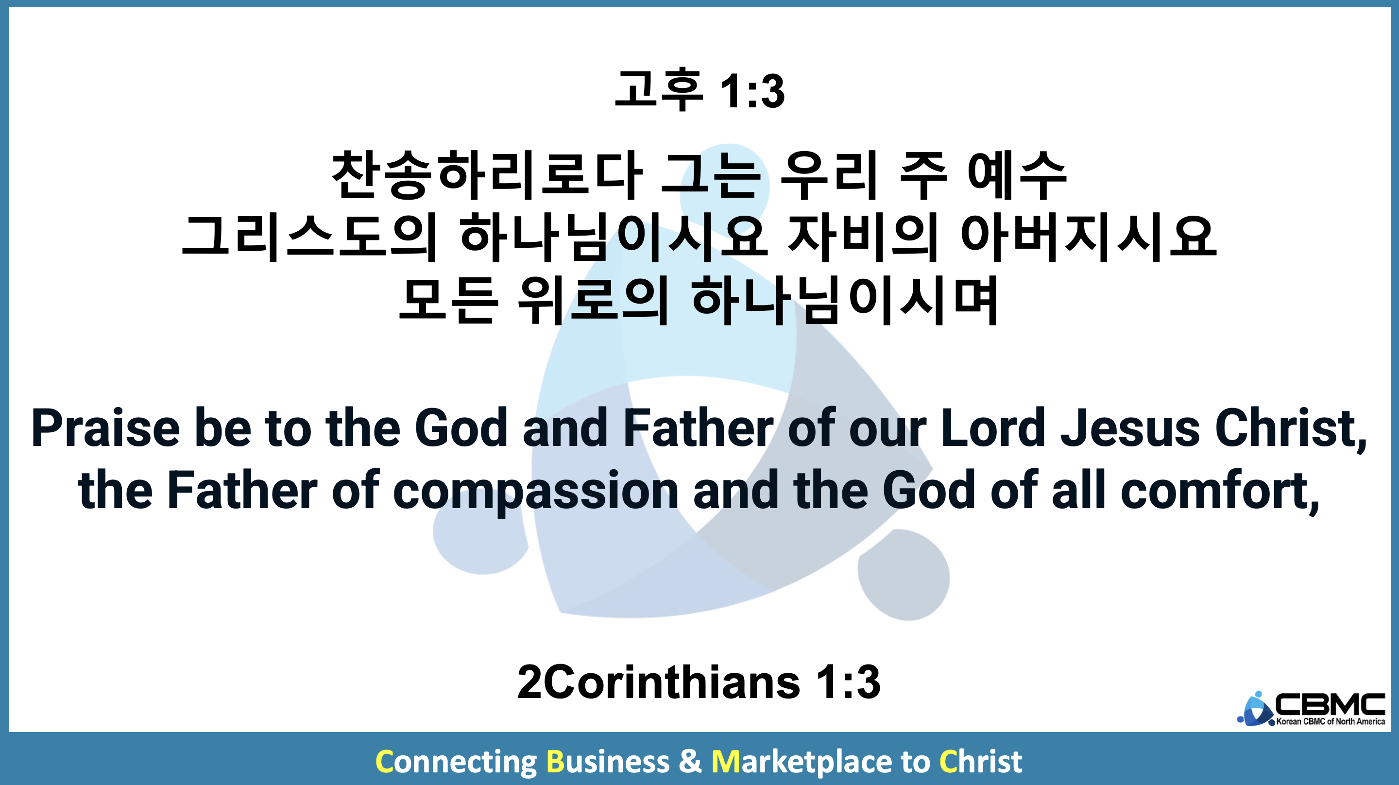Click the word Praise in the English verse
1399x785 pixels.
point(105,428)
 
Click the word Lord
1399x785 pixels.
point(993,428)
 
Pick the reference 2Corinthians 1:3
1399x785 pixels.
point(699,683)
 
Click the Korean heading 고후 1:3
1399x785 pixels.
point(699,90)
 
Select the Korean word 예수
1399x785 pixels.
point(1017,175)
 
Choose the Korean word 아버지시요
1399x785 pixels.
point(1089,238)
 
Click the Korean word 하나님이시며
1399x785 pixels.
point(845,300)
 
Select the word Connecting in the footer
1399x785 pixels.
point(456,762)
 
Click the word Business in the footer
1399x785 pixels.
point(608,761)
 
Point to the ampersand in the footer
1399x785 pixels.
point(690,761)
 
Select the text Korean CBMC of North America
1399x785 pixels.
point(1331,721)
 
